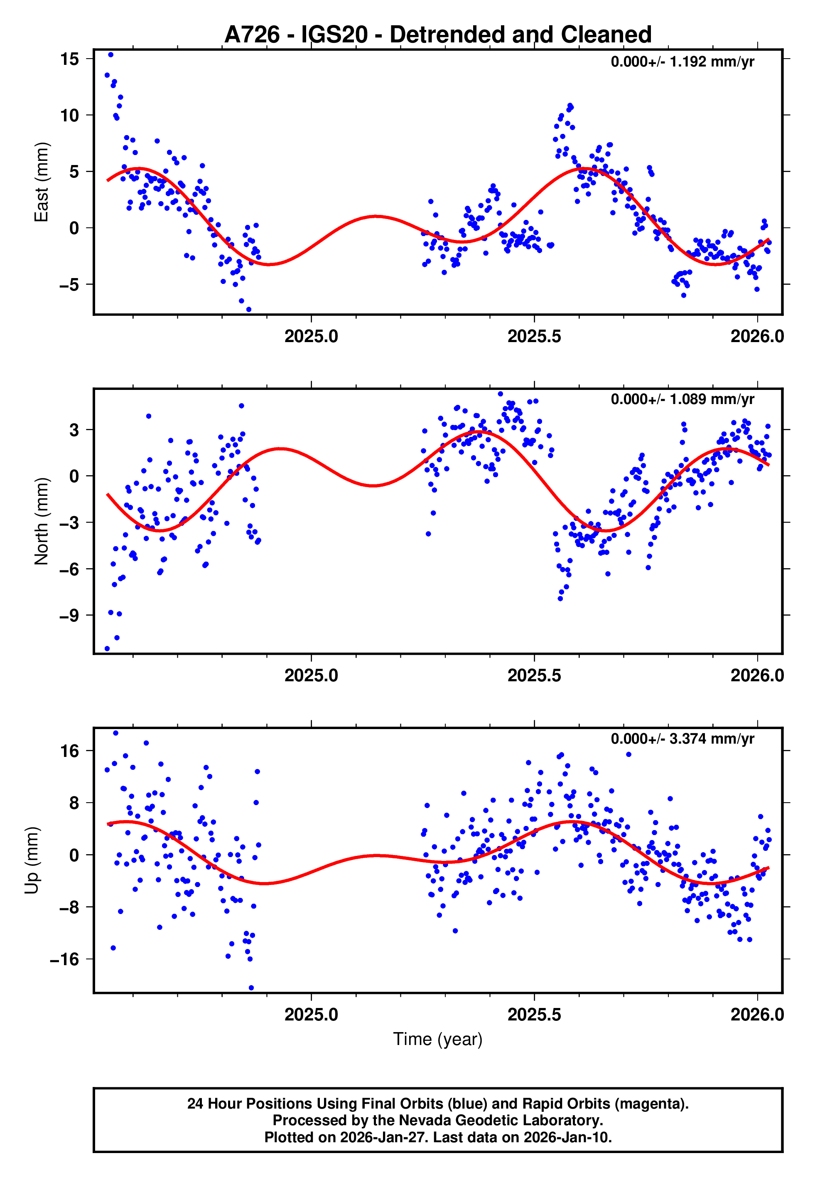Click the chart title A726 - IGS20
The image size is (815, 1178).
438,35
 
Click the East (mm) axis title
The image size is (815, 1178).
42,182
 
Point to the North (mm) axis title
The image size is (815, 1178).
42,521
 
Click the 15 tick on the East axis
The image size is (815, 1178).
69,59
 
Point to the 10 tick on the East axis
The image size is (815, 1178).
69,116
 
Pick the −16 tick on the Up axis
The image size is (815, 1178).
64,959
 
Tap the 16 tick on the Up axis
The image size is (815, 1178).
69,751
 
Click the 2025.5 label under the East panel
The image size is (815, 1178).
534,336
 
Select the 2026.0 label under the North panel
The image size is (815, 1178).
757,675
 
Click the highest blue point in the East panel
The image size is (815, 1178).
110,54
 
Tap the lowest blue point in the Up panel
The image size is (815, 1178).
251,988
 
